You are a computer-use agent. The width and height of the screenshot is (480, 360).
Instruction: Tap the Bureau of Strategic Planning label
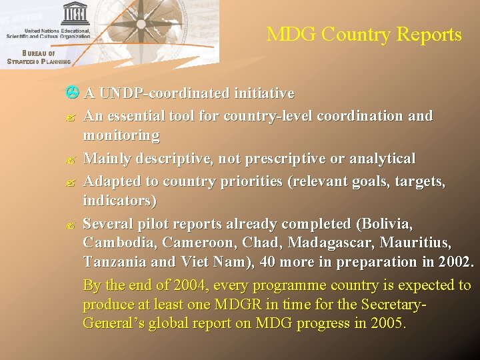pos(39,57)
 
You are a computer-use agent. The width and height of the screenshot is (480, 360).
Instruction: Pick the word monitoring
pos(121,136)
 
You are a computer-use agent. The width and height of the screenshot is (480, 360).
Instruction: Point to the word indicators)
pos(119,200)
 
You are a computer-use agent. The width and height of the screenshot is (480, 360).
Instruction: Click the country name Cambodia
pos(115,241)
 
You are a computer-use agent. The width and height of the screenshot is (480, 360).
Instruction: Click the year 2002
pos(453,261)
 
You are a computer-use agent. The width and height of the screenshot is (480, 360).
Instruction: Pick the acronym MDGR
pos(234,305)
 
